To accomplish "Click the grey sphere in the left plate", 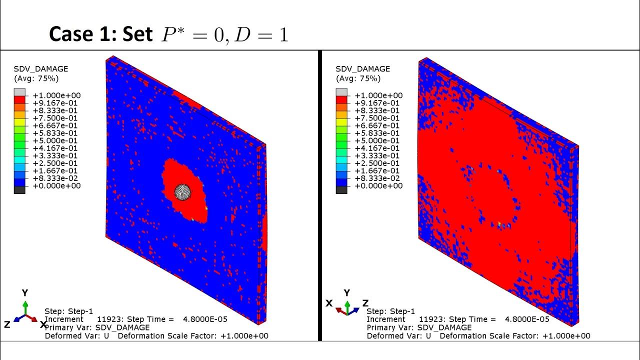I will (183, 191).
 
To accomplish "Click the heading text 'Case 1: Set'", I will (100, 34).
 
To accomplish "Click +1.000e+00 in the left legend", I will (56, 95).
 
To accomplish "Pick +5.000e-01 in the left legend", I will (56, 140).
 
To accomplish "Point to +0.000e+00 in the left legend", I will (56, 186).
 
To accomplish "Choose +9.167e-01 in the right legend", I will (378, 103).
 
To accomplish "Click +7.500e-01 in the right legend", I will (378, 118).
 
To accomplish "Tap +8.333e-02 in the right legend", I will (378, 178).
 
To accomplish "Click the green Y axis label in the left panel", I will (25, 293).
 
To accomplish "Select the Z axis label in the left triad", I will (7, 324).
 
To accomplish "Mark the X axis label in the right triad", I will (329, 303).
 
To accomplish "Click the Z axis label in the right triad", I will (365, 303).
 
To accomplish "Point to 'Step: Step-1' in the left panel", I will (69, 311).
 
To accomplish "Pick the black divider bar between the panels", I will (319, 195).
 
